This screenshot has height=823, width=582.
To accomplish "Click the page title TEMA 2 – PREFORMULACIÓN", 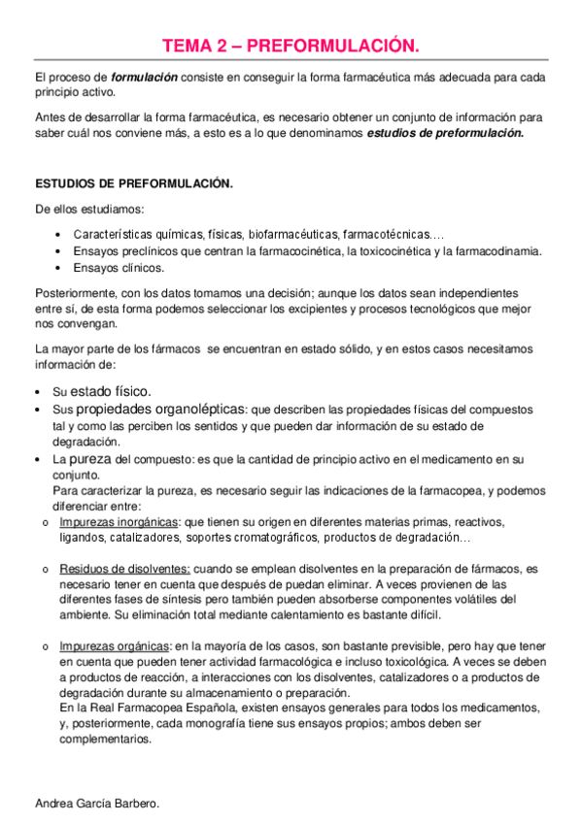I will [x=291, y=45].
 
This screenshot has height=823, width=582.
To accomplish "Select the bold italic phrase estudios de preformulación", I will [x=445, y=133].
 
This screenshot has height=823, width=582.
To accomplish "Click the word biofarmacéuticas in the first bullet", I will [x=293, y=234].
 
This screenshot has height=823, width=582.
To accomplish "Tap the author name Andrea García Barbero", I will [x=96, y=804].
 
